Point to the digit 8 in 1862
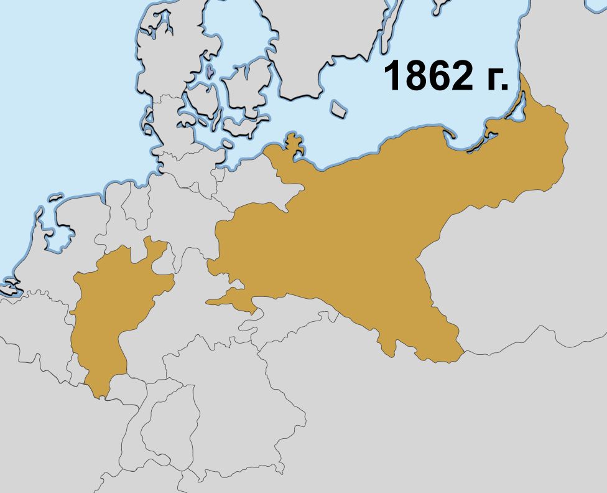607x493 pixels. pyautogui.click(x=417, y=77)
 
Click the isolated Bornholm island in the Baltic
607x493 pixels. pyautogui.click(x=338, y=110)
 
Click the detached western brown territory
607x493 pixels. pyautogui.click(x=112, y=311)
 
